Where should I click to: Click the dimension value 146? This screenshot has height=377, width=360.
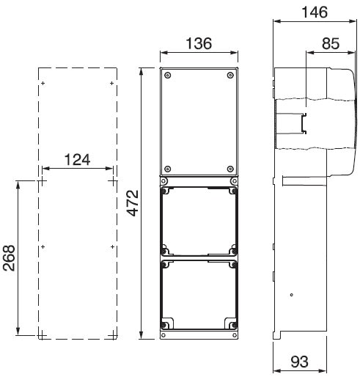(315, 12)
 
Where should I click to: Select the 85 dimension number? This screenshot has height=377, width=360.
(331, 43)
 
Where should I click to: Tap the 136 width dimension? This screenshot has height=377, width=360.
(199, 43)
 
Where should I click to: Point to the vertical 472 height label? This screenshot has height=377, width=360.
(133, 203)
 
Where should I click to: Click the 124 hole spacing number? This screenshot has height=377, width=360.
(77, 160)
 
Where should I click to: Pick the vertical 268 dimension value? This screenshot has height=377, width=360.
(9, 258)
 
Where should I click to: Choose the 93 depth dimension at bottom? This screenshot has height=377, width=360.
(299, 362)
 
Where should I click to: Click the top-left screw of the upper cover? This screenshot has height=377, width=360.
(167, 76)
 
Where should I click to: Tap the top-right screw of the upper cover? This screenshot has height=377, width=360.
(230, 76)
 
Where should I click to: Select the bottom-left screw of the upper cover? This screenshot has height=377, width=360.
(167, 169)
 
